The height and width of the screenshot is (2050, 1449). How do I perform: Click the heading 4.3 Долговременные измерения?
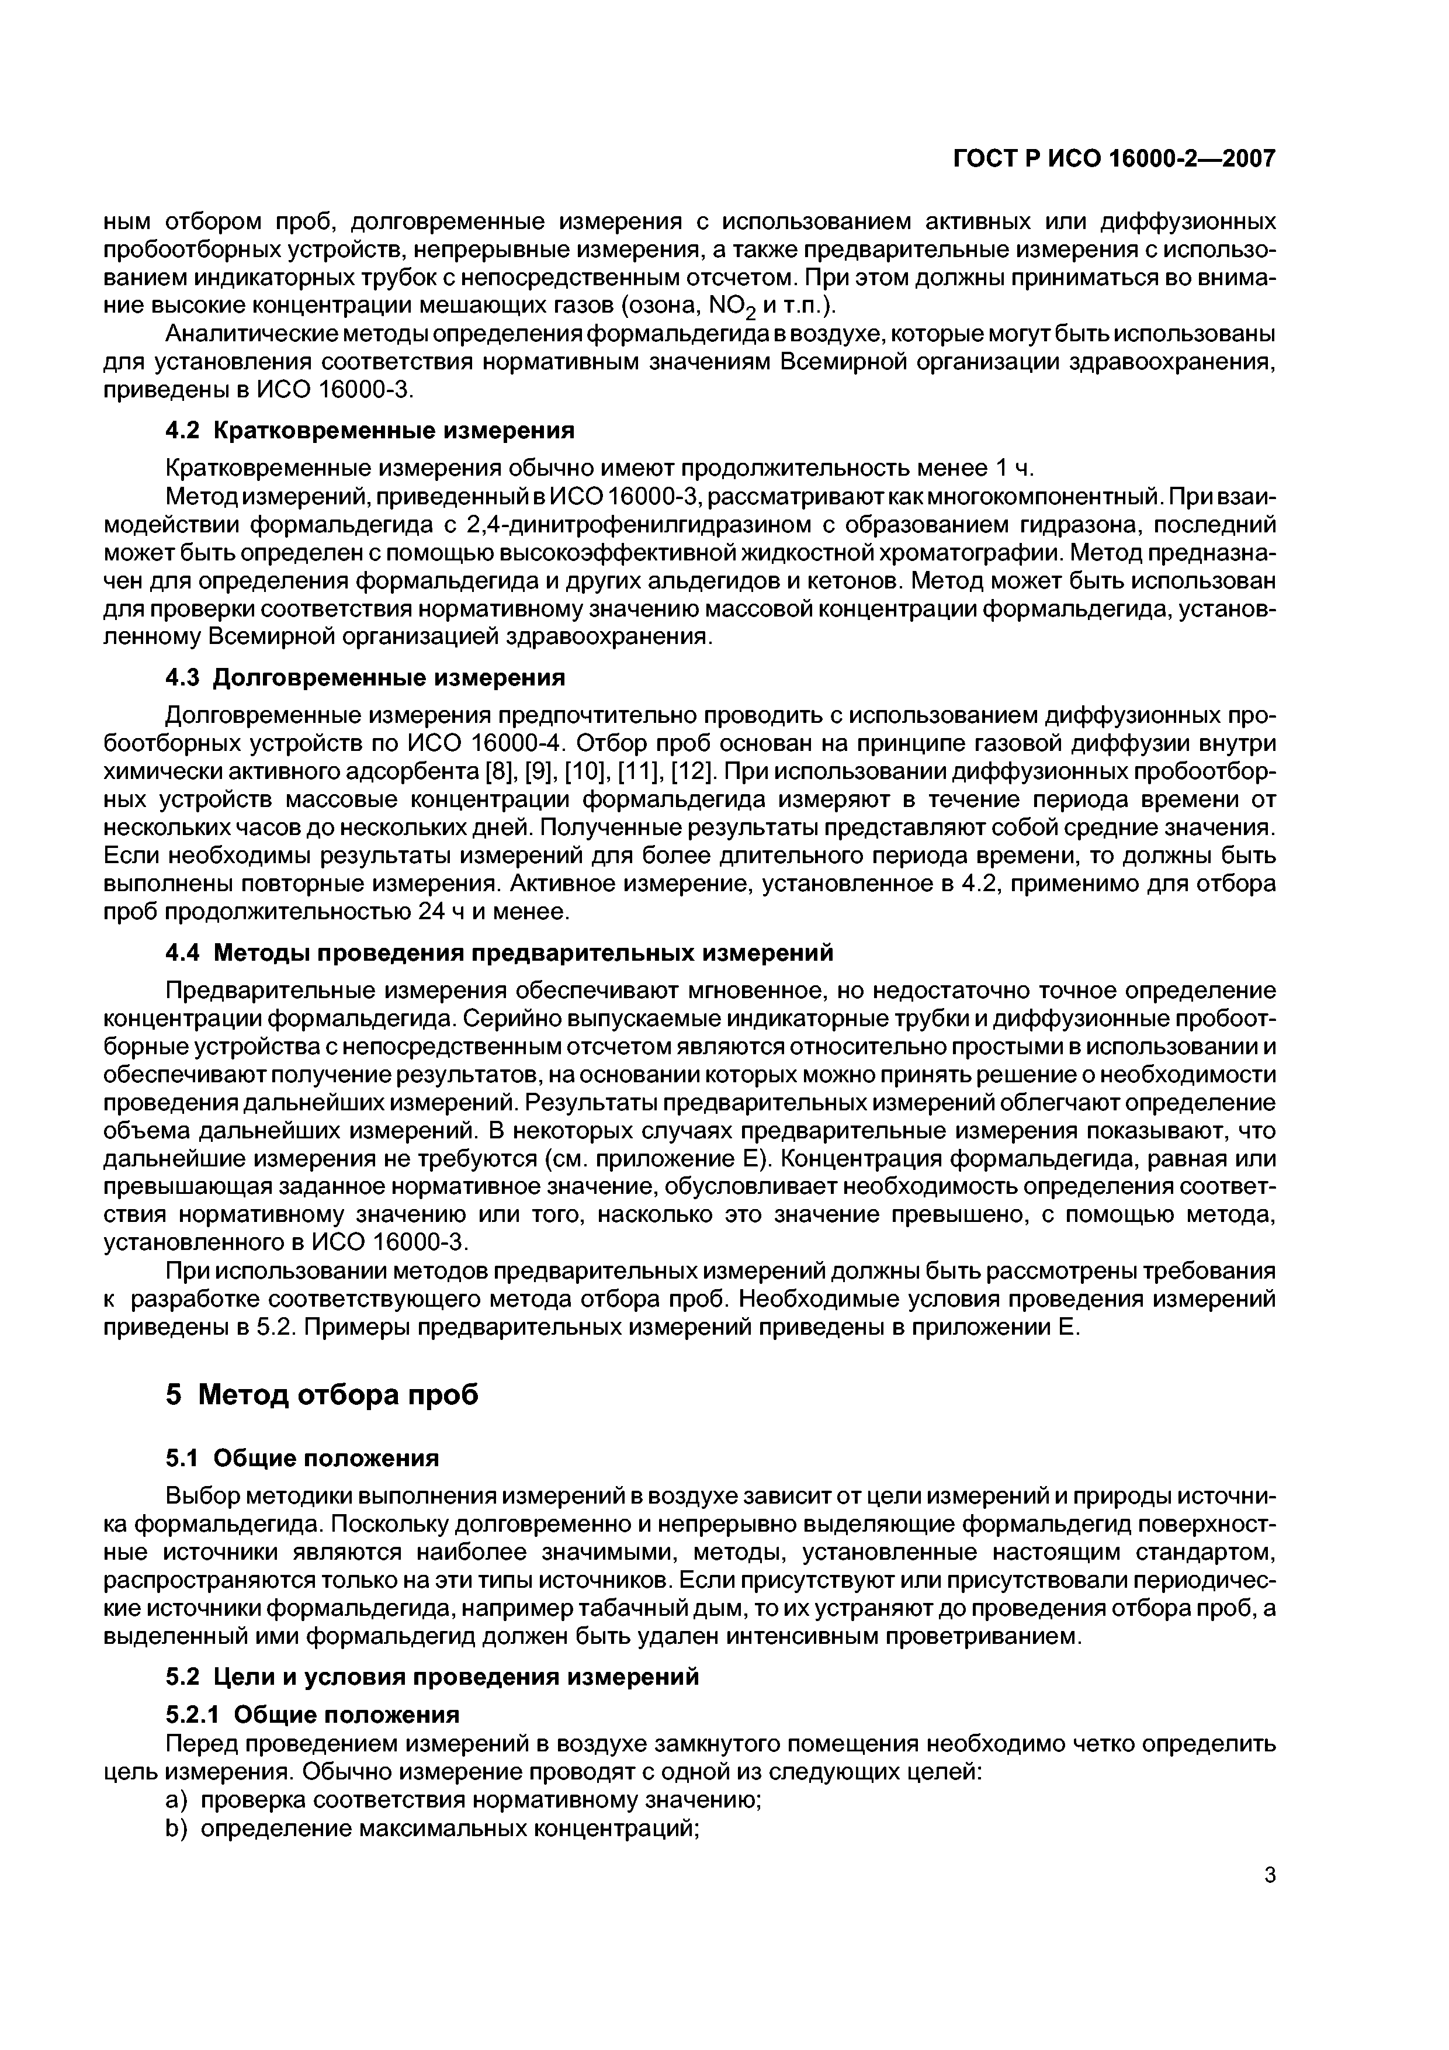365,678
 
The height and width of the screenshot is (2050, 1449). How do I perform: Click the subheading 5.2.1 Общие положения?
313,1715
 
